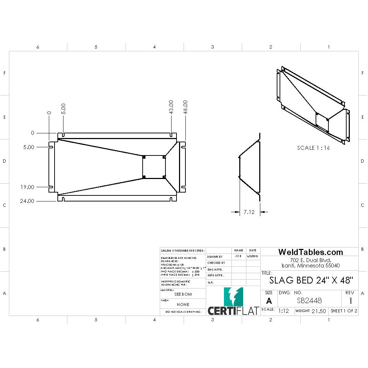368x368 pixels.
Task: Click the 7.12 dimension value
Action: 249,212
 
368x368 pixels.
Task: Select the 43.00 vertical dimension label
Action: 171,107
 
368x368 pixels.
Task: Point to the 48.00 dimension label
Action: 185,107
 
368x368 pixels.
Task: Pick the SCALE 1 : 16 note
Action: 313,148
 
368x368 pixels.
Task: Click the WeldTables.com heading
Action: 310,252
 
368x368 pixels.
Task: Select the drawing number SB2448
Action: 309,301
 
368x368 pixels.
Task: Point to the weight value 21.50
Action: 318,311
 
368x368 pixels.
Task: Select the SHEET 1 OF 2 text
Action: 344,311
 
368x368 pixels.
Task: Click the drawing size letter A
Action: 269,301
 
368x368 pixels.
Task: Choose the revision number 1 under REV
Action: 351,301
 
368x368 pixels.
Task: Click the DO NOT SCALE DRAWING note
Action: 183,312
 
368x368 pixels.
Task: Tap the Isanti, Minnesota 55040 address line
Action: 310,266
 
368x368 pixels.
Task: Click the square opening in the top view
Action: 154,167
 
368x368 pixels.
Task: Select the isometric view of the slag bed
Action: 313,105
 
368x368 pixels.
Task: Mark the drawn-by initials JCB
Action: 239,256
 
